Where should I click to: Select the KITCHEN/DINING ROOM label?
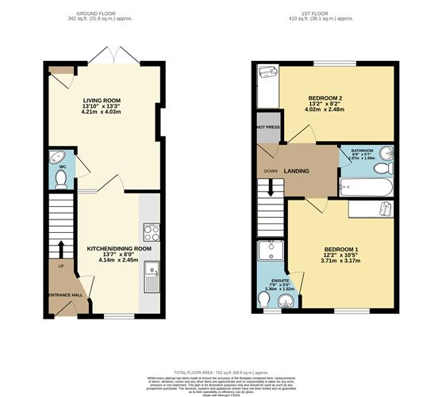[118, 249]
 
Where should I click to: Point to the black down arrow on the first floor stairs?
[271, 187]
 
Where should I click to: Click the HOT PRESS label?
[267, 128]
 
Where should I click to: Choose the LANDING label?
[297, 170]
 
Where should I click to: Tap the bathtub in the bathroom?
[366, 188]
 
